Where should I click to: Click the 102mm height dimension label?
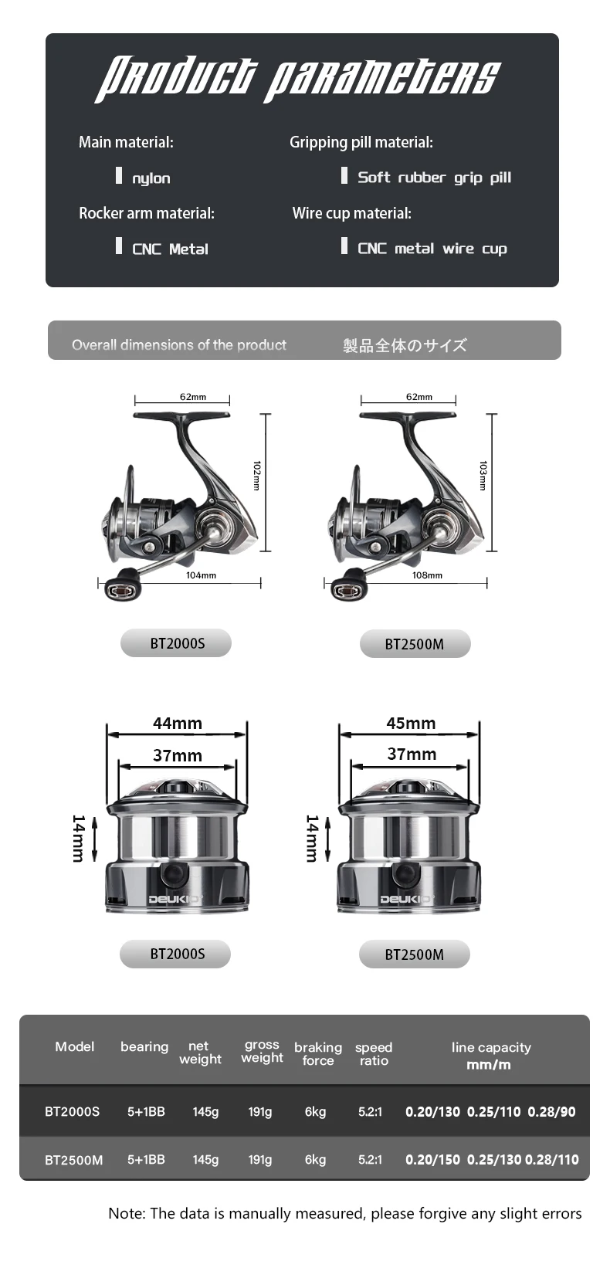pos(256,476)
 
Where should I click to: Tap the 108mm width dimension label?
pos(427,575)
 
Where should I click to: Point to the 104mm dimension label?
pos(201,575)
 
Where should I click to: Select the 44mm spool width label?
pos(177,723)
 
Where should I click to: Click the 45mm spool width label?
pos(411,723)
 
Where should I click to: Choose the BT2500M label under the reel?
pos(414,644)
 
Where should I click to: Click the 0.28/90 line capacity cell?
pos(551,1112)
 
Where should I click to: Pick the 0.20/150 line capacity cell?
pos(433,1160)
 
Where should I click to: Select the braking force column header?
pos(318,1054)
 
